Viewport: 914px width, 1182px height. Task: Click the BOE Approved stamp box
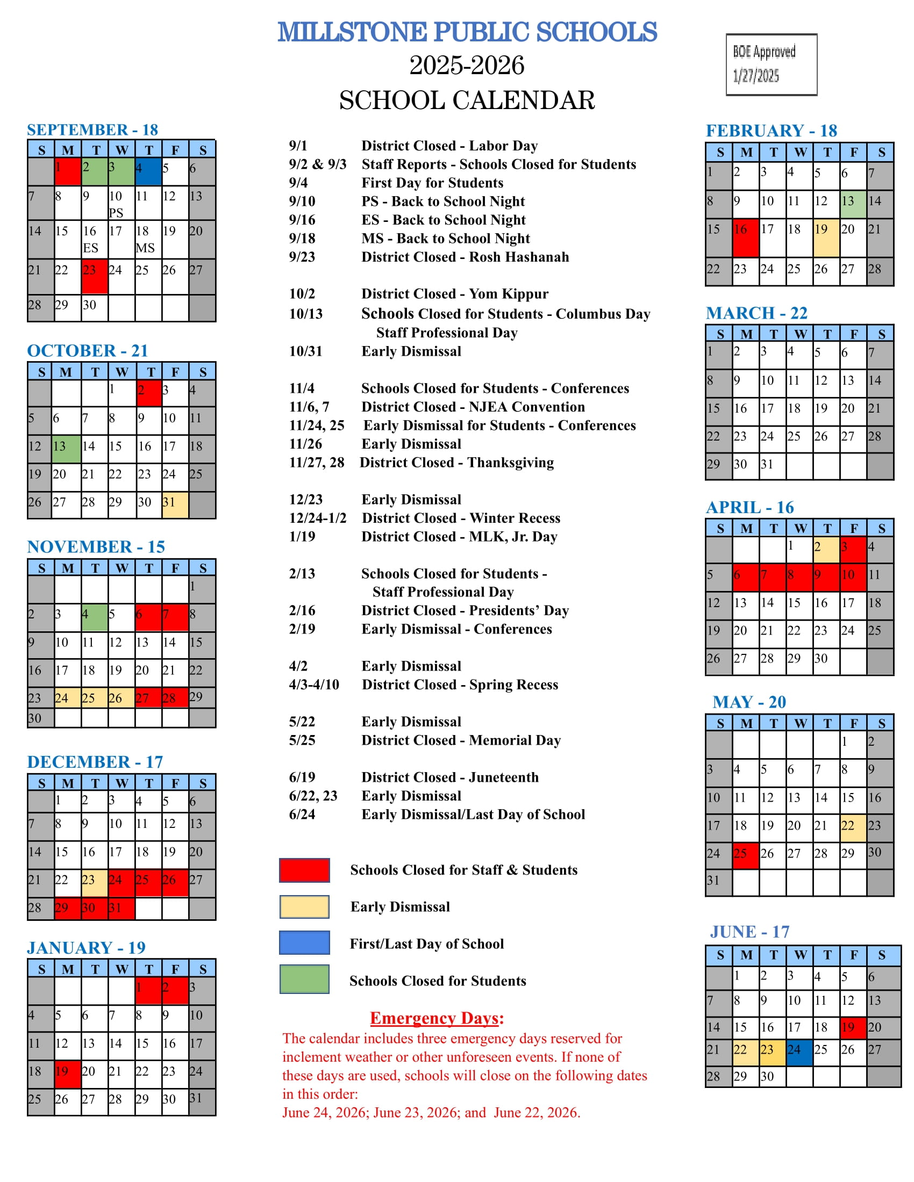point(771,64)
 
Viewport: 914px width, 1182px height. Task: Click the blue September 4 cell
point(148,171)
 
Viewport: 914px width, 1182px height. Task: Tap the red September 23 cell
point(95,277)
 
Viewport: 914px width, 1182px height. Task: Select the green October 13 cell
point(67,449)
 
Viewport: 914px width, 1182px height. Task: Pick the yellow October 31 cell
point(175,504)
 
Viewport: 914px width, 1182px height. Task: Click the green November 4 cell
point(95,617)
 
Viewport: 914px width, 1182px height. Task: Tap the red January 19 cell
point(68,1074)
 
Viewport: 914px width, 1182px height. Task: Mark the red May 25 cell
point(746,855)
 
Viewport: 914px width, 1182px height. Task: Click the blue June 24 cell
point(799,1052)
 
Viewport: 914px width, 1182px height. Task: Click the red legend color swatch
point(304,870)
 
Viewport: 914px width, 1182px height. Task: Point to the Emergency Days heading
point(437,1018)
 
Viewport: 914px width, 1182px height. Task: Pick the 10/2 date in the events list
point(302,294)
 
